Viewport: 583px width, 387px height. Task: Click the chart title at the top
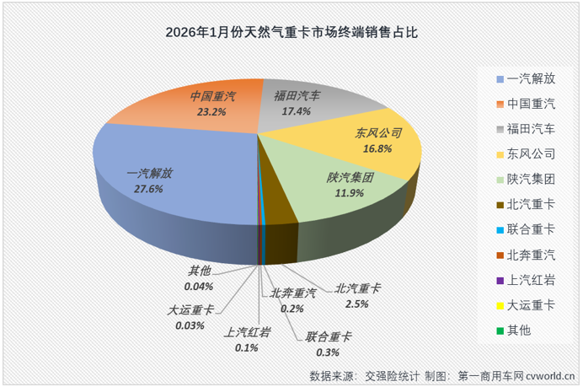point(291,34)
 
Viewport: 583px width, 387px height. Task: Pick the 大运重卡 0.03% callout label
point(190,316)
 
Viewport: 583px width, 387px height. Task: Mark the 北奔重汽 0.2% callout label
point(292,301)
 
